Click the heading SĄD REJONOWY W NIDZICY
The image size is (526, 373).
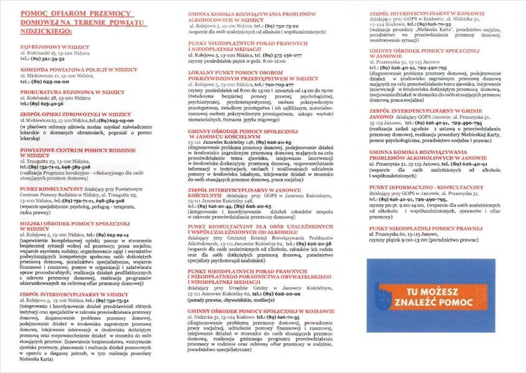tap(55, 47)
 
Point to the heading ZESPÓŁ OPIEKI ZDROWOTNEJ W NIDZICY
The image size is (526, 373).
tap(75, 115)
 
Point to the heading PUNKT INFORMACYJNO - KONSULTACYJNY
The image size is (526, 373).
tap(426, 187)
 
